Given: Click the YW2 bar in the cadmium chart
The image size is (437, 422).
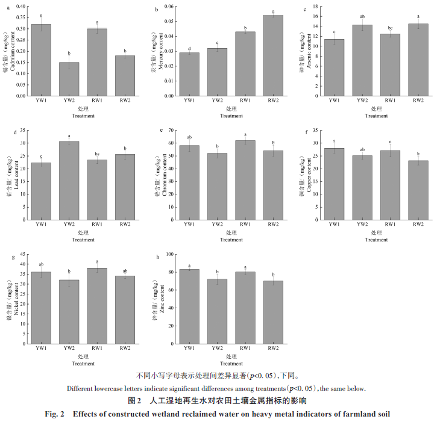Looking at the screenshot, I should click(x=69, y=79).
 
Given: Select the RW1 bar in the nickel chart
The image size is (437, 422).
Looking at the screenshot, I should click(x=97, y=313).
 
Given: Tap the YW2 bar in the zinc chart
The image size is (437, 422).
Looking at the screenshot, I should click(x=217, y=318).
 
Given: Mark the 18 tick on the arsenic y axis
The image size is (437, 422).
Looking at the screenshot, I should click(x=316, y=6).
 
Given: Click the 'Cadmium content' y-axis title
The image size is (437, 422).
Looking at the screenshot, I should click(x=13, y=52).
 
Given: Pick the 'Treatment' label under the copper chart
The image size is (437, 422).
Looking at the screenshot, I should click(x=377, y=240).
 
